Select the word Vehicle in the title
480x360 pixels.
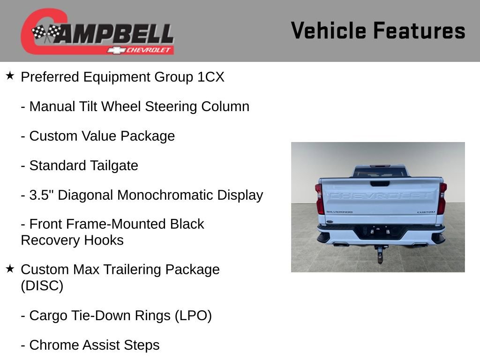pyautogui.click(x=328, y=30)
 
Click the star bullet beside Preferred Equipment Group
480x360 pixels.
pyautogui.click(x=10, y=75)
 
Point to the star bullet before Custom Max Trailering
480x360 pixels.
pyautogui.click(x=10, y=268)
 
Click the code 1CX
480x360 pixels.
pyautogui.click(x=211, y=77)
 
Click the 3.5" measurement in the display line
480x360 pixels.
pyautogui.click(x=39, y=195)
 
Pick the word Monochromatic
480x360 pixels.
pyautogui.click(x=167, y=195)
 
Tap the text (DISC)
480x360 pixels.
pyautogui.click(x=42, y=285)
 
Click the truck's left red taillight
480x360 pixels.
pyautogui.click(x=320, y=199)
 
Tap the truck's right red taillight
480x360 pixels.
pyautogui.click(x=442, y=199)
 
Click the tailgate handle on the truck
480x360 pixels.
pyautogui.click(x=380, y=184)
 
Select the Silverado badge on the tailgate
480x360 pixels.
pyautogui.click(x=339, y=212)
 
